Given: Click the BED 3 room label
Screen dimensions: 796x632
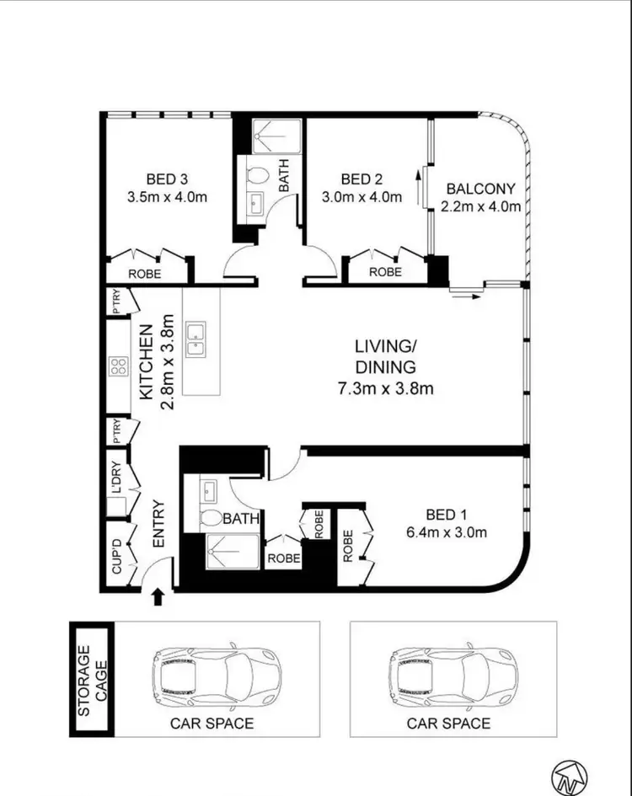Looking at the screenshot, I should [x=166, y=179].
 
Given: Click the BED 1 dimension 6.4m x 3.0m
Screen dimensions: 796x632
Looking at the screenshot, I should [x=447, y=532].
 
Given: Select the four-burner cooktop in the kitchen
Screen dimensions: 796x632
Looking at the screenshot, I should [x=117, y=366].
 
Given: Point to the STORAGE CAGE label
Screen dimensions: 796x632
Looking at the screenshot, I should [x=90, y=681].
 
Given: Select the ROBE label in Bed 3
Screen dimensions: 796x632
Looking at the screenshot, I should [x=144, y=274].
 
